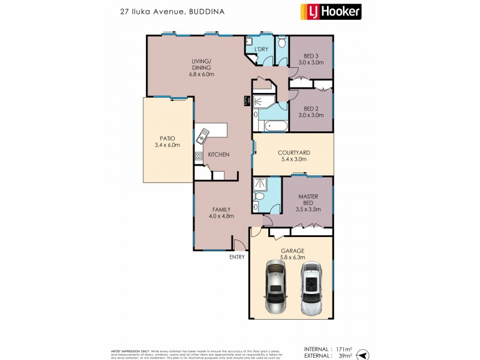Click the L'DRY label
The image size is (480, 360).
pyautogui.click(x=261, y=49)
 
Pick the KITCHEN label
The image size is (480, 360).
pyautogui.click(x=218, y=155)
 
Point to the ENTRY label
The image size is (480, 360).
pyautogui.click(x=236, y=257)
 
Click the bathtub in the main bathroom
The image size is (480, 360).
pyautogui.click(x=276, y=126)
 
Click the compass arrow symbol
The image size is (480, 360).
pyautogui.click(x=363, y=355)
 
